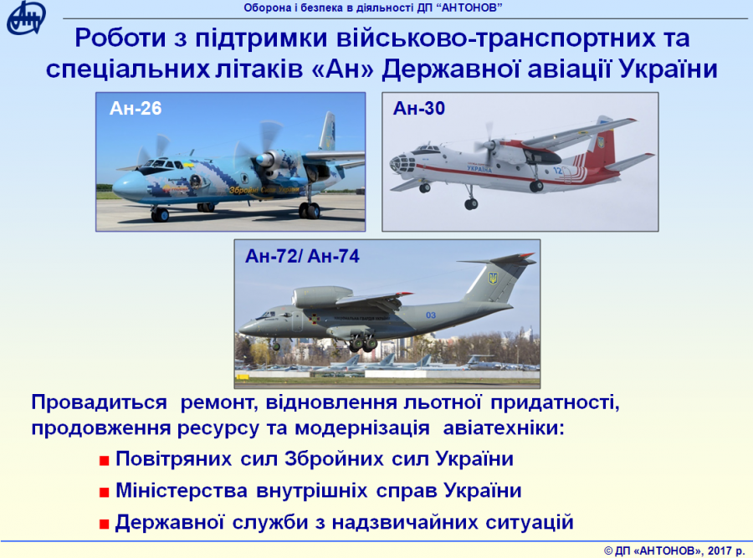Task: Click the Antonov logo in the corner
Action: point(26,18)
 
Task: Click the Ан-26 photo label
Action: point(136,109)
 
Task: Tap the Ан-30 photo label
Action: point(419,109)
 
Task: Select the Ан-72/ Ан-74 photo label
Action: point(302,257)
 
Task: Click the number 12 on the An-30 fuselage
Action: point(557,171)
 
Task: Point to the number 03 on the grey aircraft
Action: point(431,315)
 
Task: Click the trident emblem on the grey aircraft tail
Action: point(493,278)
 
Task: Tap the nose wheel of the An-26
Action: point(161,214)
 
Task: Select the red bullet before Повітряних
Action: point(105,461)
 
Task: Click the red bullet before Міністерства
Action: point(105,493)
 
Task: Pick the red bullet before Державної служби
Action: point(105,524)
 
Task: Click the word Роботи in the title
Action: point(120,38)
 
